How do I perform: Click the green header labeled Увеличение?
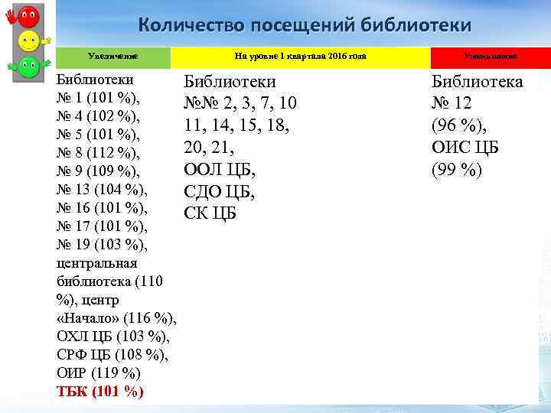pyautogui.click(x=113, y=56)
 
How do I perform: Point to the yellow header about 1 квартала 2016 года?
pyautogui.click(x=300, y=56)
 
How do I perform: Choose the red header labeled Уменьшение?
pyautogui.click(x=491, y=56)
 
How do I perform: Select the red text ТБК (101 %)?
pyautogui.click(x=100, y=392)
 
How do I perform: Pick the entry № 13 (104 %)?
pyautogui.click(x=103, y=189)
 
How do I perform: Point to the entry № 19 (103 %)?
pyautogui.click(x=103, y=244)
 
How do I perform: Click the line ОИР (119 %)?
pyautogui.click(x=99, y=373)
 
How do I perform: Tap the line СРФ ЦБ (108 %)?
pyautogui.click(x=112, y=355)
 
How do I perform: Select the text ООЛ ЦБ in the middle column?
pyautogui.click(x=220, y=169)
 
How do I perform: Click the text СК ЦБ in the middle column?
pyautogui.click(x=210, y=213)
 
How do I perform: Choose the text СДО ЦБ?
pyautogui.click(x=220, y=191)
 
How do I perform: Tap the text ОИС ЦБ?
pyautogui.click(x=465, y=148)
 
